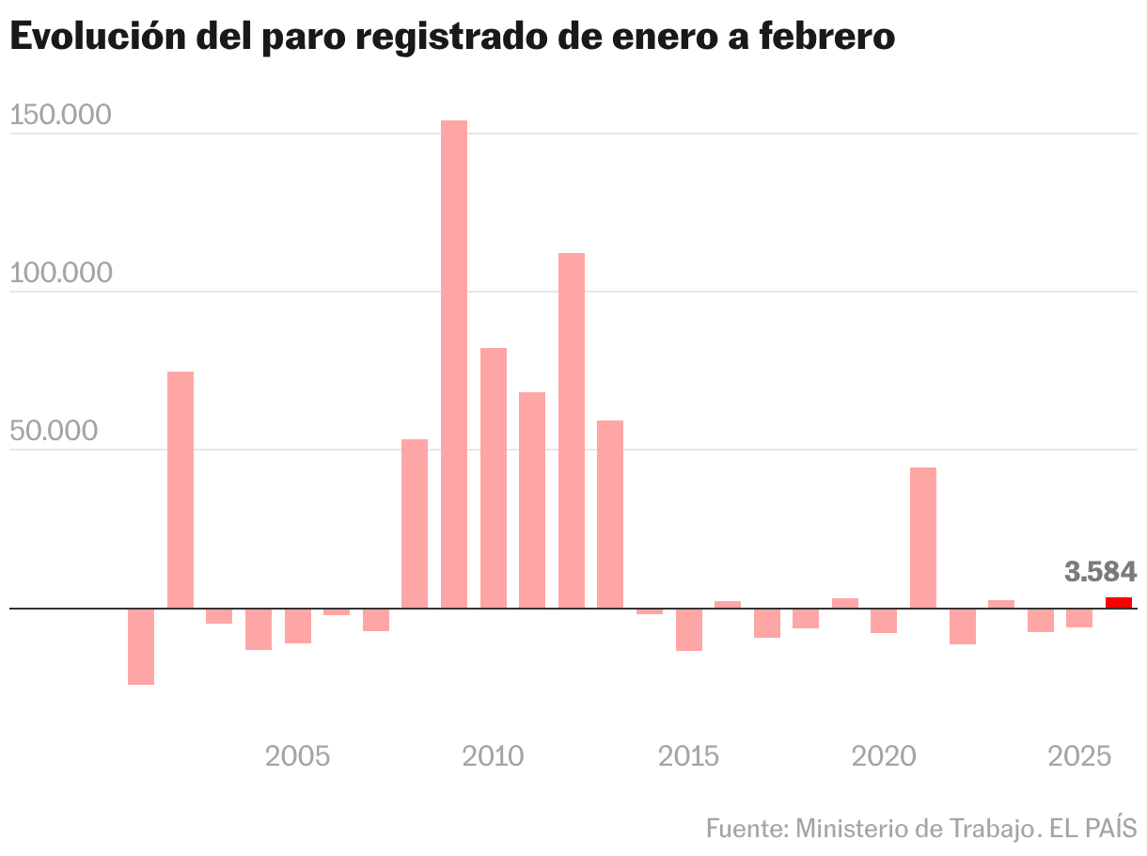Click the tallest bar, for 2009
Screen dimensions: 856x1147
pos(454,364)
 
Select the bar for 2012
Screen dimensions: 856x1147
pos(572,430)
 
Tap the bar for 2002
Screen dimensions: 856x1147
pos(181,489)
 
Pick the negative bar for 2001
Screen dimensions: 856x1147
pos(141,646)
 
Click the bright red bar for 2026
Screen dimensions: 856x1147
pos(1118,603)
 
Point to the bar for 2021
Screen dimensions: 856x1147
pos(923,537)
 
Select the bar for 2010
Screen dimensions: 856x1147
pos(494,478)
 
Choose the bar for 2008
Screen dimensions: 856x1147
pos(415,523)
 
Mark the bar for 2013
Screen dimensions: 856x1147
pos(610,514)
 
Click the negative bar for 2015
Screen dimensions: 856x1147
pos(689,629)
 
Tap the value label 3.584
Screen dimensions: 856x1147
pos(1101,571)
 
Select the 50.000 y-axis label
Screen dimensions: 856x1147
pos(54,431)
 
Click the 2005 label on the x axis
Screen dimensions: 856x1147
pos(297,756)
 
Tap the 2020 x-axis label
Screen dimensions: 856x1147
pos(884,756)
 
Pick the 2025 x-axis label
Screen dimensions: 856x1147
pos(1080,756)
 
